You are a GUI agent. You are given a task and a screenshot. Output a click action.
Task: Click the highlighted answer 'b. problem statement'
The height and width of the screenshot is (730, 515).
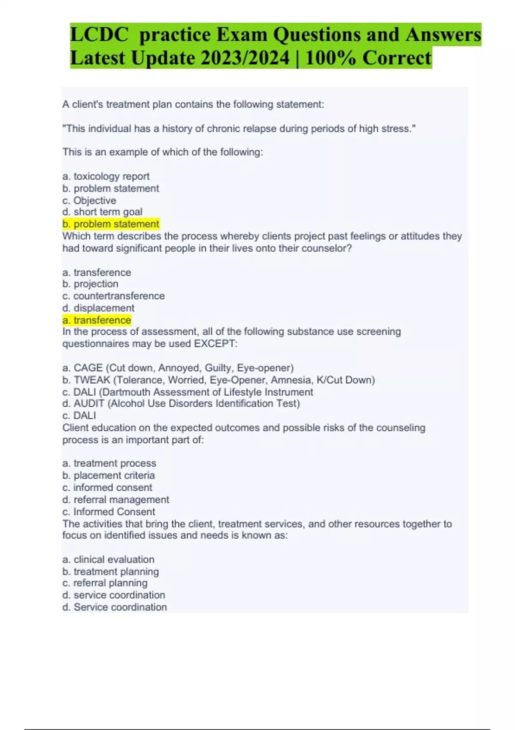coord(111,224)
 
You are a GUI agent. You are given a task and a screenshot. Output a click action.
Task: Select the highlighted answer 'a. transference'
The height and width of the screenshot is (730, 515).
coord(97,320)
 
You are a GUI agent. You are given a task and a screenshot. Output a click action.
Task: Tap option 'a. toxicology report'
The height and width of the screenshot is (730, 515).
coord(106,176)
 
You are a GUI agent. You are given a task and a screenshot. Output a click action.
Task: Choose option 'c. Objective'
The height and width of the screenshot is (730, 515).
coord(89,201)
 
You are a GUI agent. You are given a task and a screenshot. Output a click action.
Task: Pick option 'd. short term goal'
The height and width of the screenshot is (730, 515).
coord(102,212)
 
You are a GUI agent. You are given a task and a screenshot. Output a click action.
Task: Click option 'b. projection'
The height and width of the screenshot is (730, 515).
coord(90,284)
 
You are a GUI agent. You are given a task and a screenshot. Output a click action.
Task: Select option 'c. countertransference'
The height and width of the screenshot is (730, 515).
coord(113,296)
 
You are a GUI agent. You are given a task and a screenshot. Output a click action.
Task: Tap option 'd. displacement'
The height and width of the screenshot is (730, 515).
coord(98,308)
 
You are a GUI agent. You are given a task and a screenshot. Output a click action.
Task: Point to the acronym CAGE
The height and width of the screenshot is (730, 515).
coord(88,368)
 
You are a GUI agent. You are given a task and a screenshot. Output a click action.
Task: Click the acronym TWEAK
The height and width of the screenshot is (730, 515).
coord(92,380)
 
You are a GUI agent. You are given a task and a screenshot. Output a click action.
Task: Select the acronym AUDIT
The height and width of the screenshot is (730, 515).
coord(89,404)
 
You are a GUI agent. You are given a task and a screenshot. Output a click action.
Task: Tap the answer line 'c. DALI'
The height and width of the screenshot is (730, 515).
coord(79,416)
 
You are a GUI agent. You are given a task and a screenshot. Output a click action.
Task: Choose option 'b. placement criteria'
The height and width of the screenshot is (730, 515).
coord(109,476)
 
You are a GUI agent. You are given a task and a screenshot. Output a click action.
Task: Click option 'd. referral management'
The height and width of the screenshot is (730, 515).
coord(115,500)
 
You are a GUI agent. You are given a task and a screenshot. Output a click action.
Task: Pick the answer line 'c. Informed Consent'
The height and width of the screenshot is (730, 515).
coord(109,512)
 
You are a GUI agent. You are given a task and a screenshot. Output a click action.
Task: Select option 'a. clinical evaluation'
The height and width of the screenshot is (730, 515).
coord(108,560)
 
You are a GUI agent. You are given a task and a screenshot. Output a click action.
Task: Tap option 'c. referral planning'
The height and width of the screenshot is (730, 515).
coord(105,583)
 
